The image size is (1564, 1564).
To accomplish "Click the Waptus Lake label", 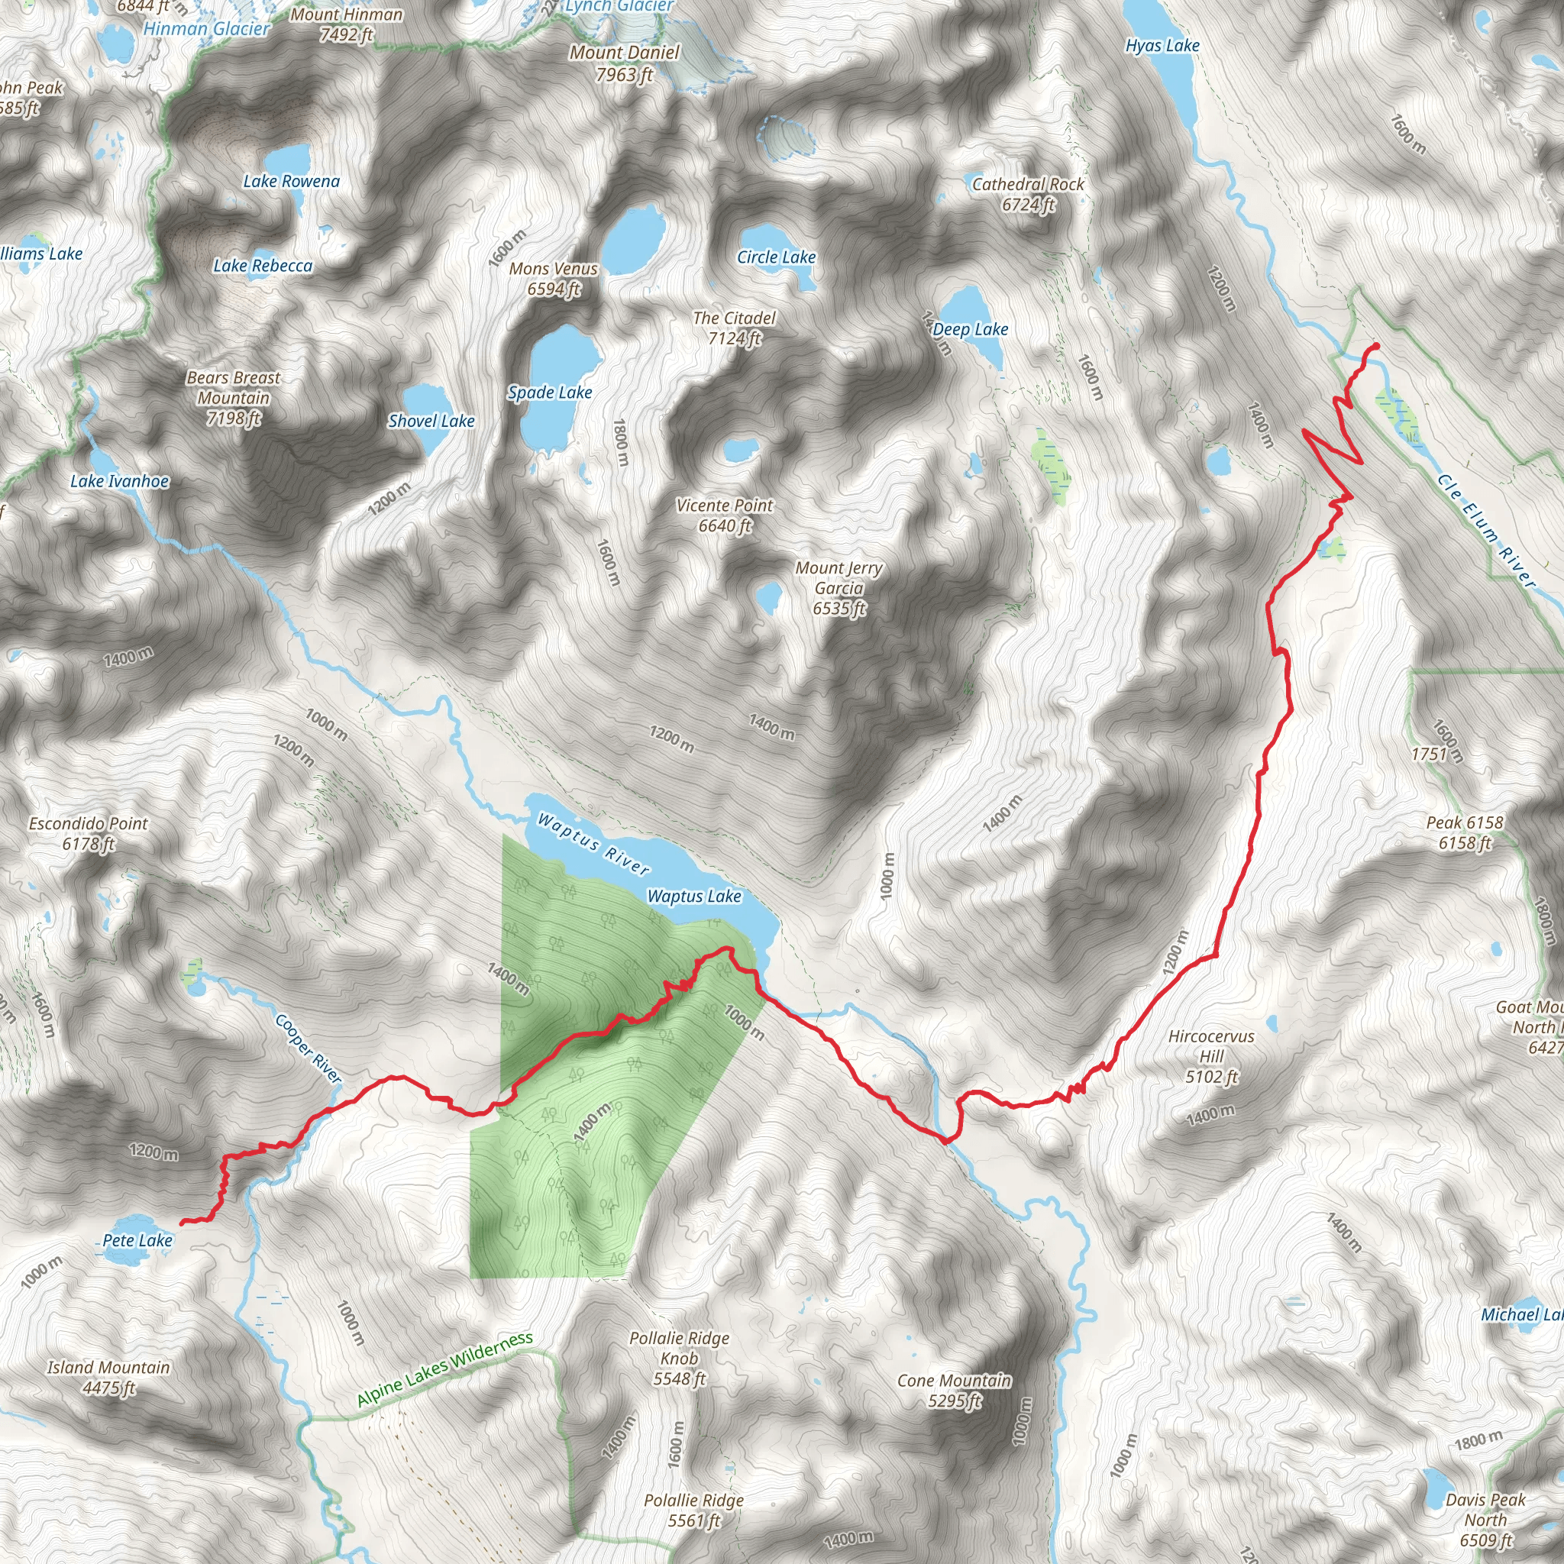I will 693,896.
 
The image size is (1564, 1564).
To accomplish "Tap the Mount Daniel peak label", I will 624,63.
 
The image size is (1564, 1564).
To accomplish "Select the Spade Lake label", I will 550,393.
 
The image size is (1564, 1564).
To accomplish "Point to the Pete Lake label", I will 137,1240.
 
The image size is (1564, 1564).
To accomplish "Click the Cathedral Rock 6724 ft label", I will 1027,194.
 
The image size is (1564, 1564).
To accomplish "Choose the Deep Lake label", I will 970,329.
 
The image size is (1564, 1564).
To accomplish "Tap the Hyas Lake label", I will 1162,46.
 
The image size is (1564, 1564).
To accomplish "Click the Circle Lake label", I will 776,257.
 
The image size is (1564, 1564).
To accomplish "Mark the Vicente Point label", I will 725,515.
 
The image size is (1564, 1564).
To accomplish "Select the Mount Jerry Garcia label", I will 839,588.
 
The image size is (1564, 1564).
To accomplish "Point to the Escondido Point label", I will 89,833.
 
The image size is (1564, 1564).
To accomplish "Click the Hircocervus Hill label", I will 1211,1055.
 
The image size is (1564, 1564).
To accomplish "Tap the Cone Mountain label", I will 954,1389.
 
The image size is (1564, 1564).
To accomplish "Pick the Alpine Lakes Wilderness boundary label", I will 445,1369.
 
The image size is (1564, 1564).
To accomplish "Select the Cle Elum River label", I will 1485,530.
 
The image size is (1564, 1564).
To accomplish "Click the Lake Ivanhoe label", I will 120,482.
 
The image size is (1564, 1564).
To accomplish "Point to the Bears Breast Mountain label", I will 233,397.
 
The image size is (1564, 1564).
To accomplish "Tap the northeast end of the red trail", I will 1375,347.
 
